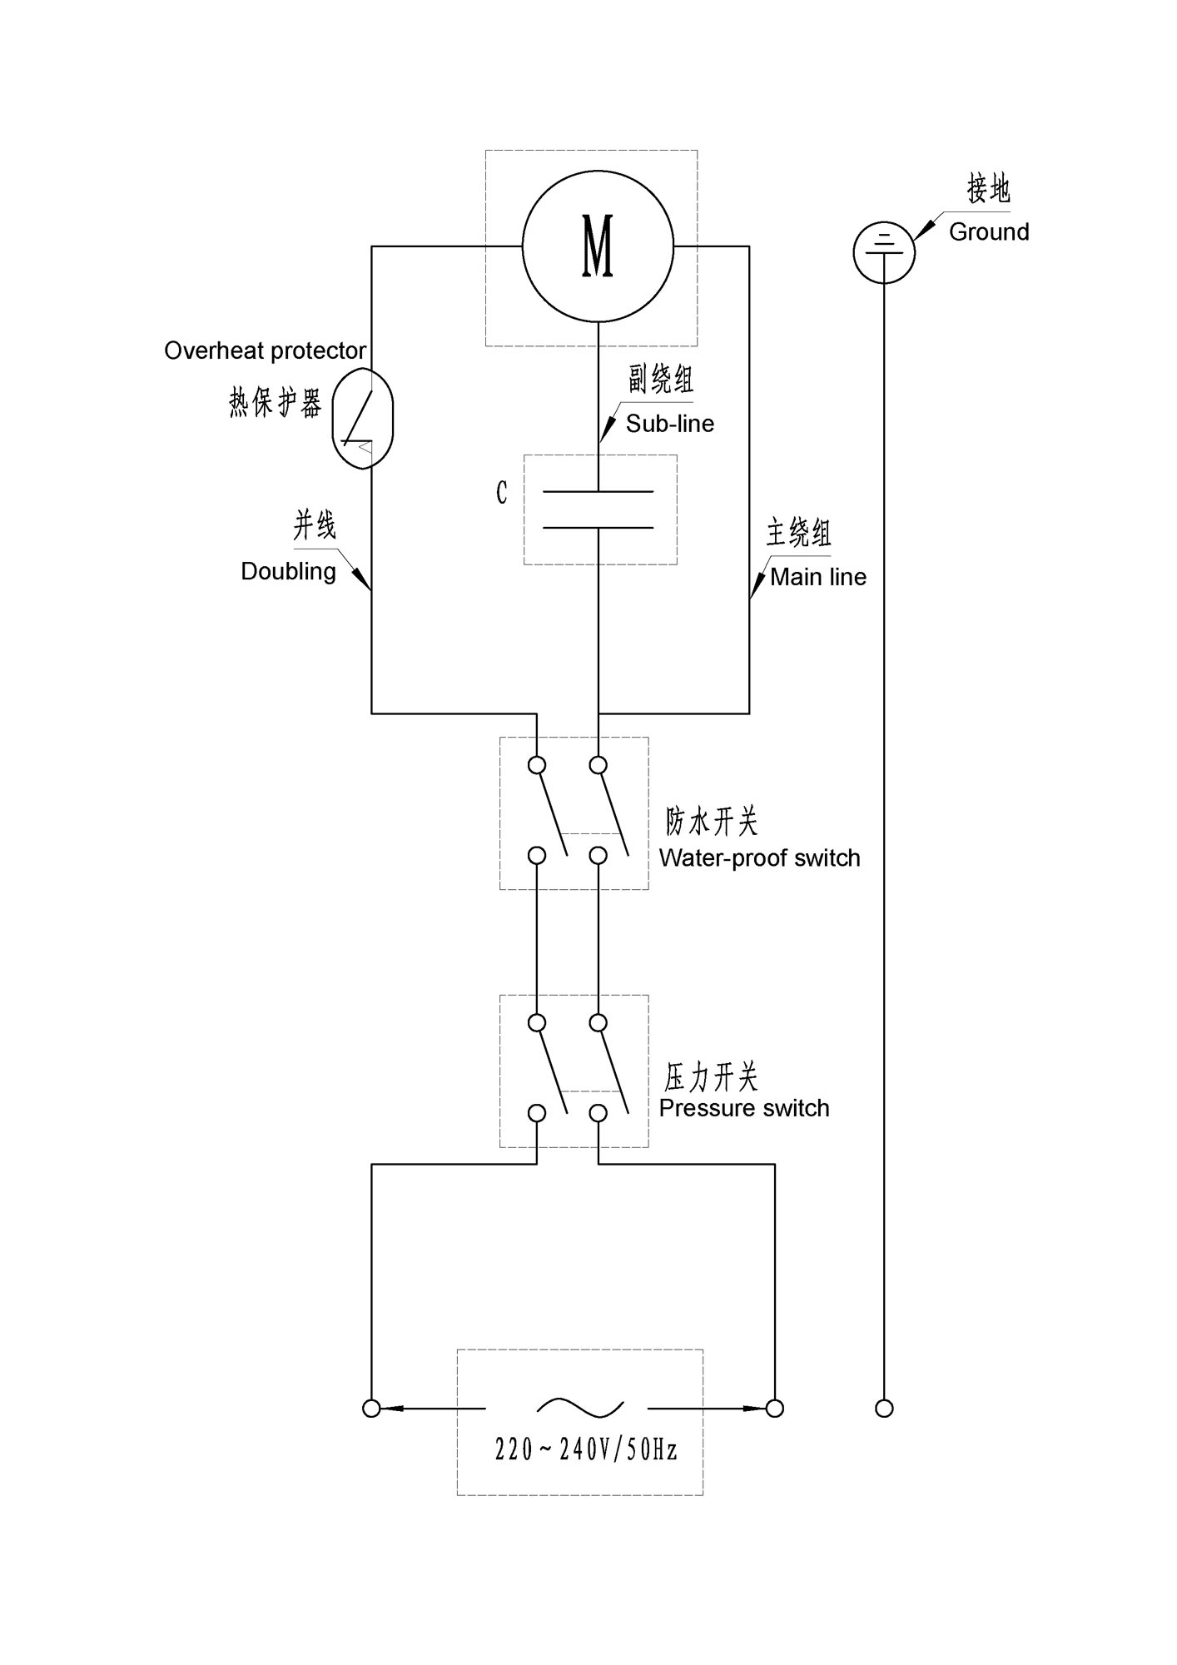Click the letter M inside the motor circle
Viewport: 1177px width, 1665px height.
tap(598, 246)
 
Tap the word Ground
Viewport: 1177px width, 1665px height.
tap(989, 231)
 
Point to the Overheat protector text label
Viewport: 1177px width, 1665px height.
tap(266, 350)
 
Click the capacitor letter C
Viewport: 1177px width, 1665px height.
tap(501, 493)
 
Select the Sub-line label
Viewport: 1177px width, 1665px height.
tap(670, 424)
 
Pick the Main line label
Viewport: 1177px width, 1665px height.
tap(818, 577)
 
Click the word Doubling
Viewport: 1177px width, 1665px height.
tap(289, 572)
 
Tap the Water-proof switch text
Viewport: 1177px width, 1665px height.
tap(760, 858)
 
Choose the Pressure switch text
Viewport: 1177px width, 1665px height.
tap(744, 1108)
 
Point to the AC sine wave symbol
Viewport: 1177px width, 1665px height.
tap(580, 1408)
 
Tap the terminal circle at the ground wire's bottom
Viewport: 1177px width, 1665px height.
tap(885, 1409)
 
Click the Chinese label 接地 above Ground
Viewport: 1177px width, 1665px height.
tap(988, 189)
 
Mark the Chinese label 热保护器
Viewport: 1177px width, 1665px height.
tap(276, 403)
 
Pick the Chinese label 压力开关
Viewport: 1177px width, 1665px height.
tap(711, 1077)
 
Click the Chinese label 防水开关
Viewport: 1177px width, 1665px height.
tap(713, 822)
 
